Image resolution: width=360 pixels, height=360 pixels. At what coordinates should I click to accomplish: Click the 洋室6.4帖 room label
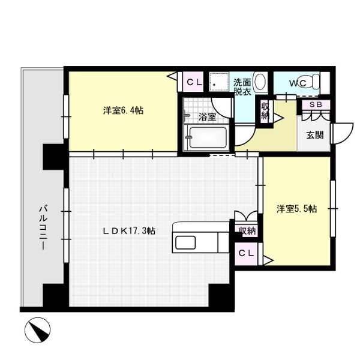coord(123,110)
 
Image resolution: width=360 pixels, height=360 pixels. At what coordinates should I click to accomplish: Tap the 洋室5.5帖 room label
coord(296,209)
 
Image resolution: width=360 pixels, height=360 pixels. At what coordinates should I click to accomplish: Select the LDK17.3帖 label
coord(129,231)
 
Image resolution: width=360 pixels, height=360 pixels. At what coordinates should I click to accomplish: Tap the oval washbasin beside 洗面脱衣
coord(260,82)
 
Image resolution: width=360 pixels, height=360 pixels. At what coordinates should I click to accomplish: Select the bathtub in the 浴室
coord(208,138)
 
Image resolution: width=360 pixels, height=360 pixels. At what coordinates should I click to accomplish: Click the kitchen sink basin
coord(185,242)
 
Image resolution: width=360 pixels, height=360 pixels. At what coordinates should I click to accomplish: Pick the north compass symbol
coord(37,330)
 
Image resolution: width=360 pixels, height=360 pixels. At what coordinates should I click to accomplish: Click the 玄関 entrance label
coord(315,135)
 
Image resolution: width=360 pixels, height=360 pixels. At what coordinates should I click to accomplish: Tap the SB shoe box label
coord(316,104)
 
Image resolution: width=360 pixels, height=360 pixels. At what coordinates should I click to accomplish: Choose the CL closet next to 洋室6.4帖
coord(194,82)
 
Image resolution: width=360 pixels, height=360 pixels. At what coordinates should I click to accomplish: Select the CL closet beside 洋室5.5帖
coord(246,253)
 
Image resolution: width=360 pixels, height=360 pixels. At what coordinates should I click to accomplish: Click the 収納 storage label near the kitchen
coord(247,230)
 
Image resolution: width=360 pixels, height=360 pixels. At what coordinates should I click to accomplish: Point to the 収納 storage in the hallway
coord(265,111)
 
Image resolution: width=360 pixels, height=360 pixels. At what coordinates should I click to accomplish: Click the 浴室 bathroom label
coord(207,117)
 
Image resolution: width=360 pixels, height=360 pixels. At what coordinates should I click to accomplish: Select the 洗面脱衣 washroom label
coord(242,87)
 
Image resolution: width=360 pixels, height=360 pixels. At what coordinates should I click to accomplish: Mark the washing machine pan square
coord(219,82)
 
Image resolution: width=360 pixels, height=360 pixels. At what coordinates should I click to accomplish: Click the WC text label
coord(298,83)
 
